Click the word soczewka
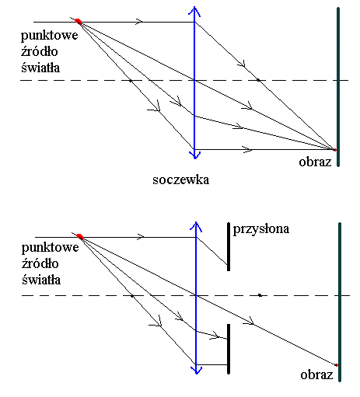(x=181, y=179)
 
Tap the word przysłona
(x=261, y=229)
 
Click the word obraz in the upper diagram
(x=315, y=162)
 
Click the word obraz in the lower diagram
(x=316, y=374)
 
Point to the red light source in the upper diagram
(x=79, y=22)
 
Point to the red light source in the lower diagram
(x=79, y=236)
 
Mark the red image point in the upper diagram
(x=335, y=150)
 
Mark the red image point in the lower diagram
(x=337, y=365)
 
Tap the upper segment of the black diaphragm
(x=229, y=246)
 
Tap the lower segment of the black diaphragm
(x=229, y=349)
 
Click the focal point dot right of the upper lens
(x=258, y=80)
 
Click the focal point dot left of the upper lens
(x=131, y=81)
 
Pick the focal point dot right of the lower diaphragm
(x=260, y=295)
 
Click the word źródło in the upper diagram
(x=40, y=51)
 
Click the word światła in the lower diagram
(x=41, y=280)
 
